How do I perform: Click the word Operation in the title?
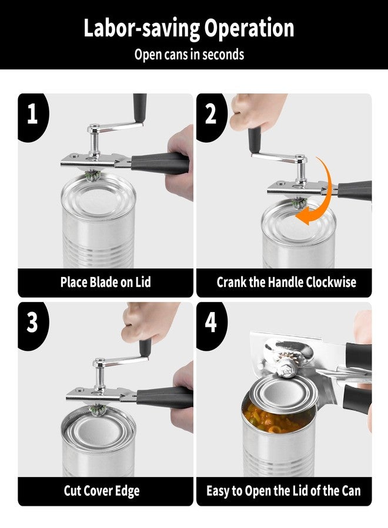[249, 28]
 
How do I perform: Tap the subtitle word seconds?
[223, 54]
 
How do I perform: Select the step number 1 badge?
[33, 114]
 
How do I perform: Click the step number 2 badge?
[211, 114]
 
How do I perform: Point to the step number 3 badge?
[33, 323]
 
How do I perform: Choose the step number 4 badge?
[211, 323]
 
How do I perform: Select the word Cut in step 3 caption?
[72, 490]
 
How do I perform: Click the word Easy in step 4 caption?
[217, 491]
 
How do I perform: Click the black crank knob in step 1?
[139, 108]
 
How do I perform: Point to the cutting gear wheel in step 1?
[92, 175]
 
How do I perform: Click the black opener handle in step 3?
[165, 397]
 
